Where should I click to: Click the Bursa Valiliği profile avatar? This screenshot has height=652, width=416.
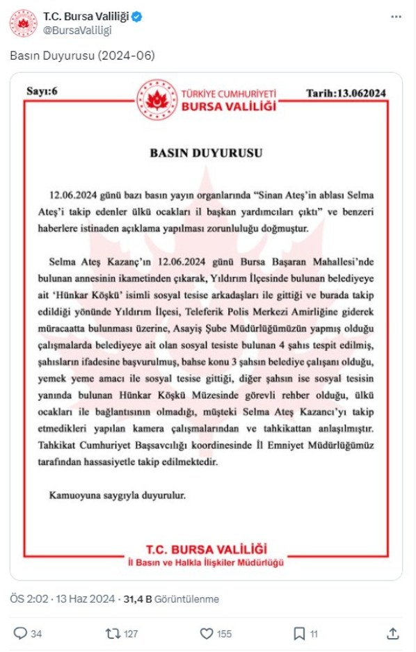click(x=22, y=23)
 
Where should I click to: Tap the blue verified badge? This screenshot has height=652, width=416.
click(x=137, y=17)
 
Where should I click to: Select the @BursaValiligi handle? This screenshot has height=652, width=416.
click(x=77, y=30)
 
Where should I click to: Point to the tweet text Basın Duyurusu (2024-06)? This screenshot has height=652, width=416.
click(x=82, y=54)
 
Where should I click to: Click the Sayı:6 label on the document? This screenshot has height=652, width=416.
click(x=40, y=90)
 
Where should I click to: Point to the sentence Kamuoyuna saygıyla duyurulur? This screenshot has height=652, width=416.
click(x=118, y=496)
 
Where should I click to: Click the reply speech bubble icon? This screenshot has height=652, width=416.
click(x=22, y=633)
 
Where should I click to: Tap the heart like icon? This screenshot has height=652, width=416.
click(x=206, y=633)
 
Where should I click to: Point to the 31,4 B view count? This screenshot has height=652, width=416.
click(x=137, y=599)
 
